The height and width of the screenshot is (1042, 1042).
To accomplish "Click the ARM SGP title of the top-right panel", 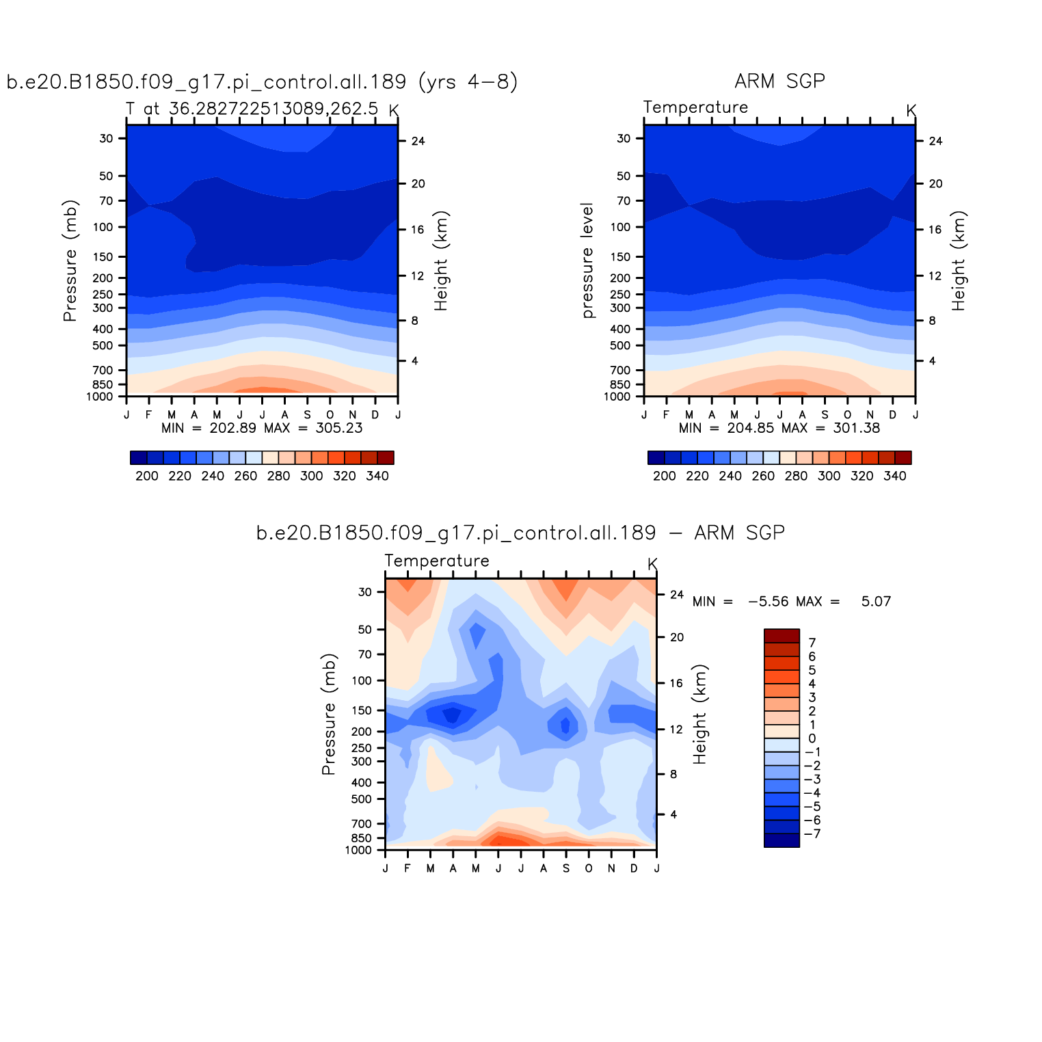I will pos(779,81).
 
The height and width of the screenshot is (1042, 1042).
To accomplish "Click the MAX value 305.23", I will pos(339,429).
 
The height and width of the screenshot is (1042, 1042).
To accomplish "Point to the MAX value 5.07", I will pos(876,602).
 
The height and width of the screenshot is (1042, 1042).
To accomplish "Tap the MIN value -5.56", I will pos(768,602).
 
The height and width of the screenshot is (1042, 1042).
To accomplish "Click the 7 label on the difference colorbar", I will pos(812,643).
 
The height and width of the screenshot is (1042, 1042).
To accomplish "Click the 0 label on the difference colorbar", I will pos(812,738).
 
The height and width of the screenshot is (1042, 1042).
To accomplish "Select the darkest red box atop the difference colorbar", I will pos(781,636).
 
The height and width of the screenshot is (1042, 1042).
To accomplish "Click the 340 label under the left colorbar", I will pos(377,477).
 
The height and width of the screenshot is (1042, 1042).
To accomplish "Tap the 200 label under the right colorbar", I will pos(664,477).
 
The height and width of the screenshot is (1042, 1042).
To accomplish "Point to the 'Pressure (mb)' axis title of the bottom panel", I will pos(329,714).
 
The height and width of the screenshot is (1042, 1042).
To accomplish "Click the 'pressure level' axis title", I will pos(587,260).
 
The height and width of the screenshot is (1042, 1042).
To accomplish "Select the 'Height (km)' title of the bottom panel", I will pos(699,714).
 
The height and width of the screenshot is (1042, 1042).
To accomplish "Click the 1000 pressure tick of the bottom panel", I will pos(359,851).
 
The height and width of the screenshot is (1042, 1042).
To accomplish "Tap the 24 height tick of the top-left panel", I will pos(418,142).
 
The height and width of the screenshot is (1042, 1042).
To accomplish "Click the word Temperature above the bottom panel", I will pos(437,561).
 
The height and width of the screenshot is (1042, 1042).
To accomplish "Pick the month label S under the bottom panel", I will pos(566,869).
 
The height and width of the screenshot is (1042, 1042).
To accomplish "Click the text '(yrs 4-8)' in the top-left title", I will pos(468,82).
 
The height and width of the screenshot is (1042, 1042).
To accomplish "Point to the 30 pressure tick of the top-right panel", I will pos(624,139).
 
